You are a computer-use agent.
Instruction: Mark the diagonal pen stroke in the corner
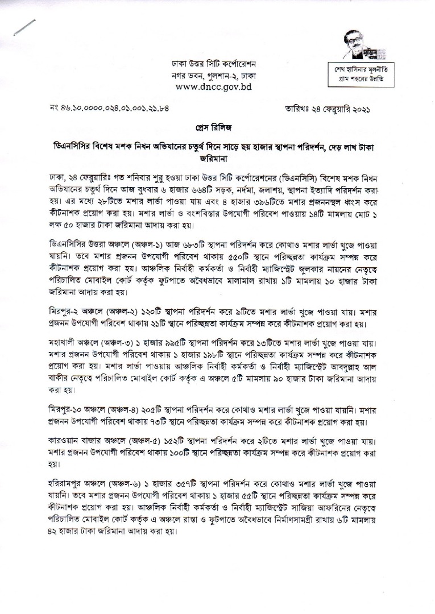[26, 28]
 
